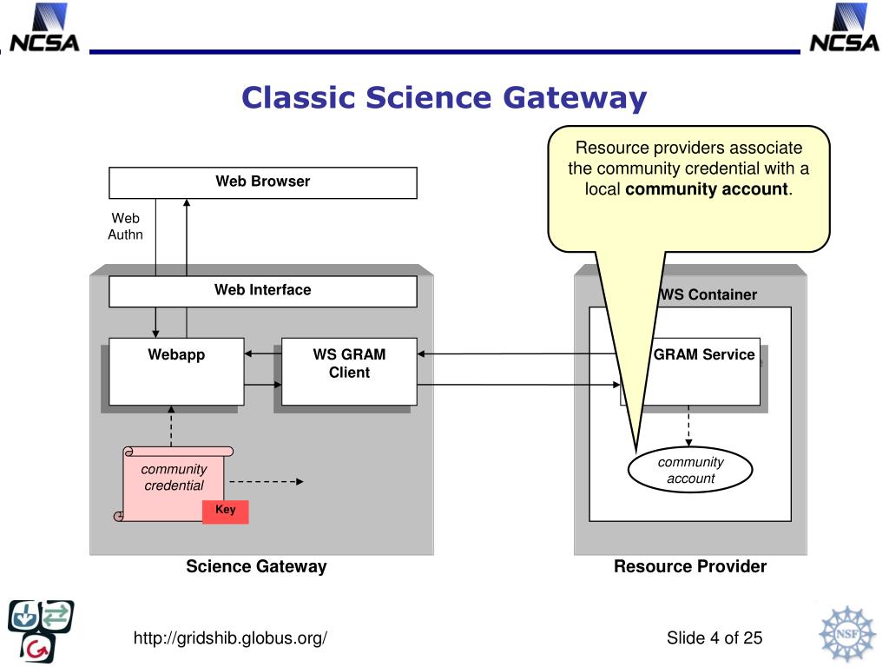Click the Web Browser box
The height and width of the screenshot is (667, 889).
click(262, 182)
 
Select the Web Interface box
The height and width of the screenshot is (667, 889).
click(262, 291)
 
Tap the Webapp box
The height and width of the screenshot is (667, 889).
click(176, 372)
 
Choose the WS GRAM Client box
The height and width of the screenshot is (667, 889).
click(349, 372)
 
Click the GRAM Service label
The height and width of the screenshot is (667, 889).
click(704, 354)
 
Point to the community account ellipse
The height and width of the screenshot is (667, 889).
click(690, 470)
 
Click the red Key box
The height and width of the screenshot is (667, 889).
click(226, 511)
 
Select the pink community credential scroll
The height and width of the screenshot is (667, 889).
click(173, 484)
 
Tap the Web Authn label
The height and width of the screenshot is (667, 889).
click(125, 227)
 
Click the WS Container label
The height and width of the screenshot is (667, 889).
click(708, 294)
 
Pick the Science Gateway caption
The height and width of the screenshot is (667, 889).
click(256, 566)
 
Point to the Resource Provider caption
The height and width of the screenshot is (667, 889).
click(690, 566)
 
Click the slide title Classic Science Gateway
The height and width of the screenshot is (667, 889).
click(444, 97)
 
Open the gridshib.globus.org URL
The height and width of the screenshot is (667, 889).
click(230, 638)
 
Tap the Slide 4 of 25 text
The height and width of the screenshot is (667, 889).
click(714, 638)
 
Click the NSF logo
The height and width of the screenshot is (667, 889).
click(846, 633)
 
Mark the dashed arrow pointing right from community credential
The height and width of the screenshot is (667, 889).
click(267, 481)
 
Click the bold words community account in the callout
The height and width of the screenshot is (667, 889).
click(707, 188)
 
